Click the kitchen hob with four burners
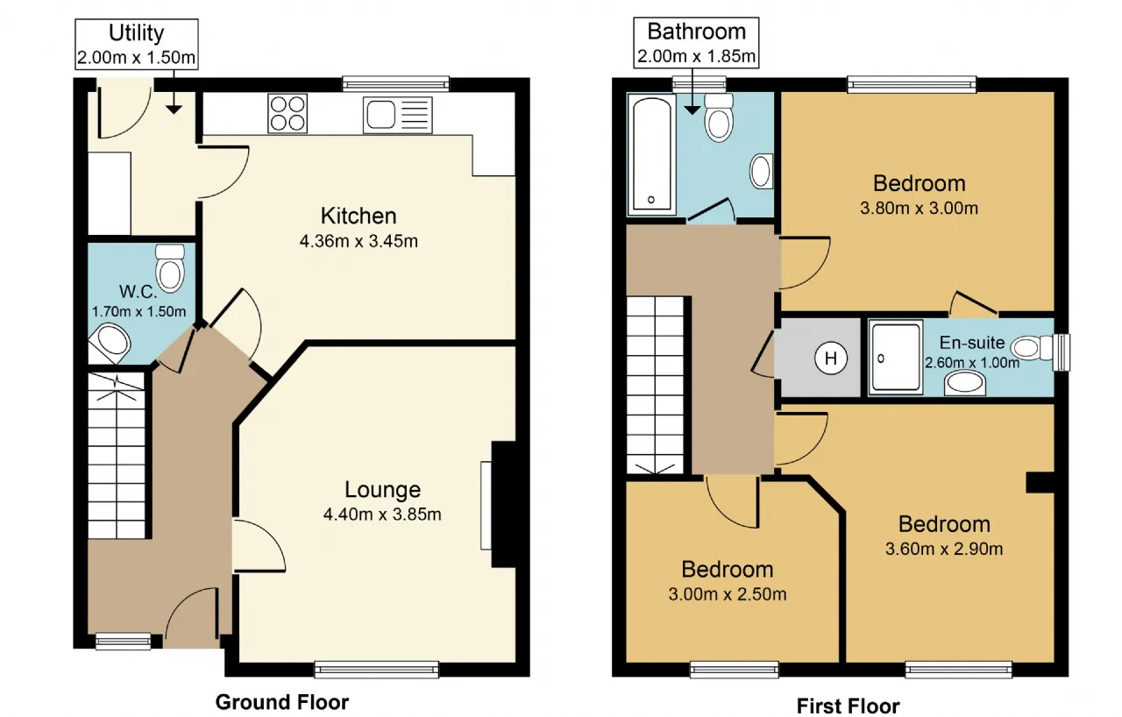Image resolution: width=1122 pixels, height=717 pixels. pyautogui.click(x=288, y=114)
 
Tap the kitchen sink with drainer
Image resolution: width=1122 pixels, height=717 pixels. pyautogui.click(x=398, y=115)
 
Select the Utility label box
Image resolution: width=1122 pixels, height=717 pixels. pyautogui.click(x=137, y=44)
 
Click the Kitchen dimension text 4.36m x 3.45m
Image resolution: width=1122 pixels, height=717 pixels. pyautogui.click(x=359, y=241)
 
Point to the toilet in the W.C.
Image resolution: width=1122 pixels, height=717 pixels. pyautogui.click(x=170, y=268)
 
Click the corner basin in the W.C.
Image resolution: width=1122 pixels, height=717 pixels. pyautogui.click(x=110, y=344)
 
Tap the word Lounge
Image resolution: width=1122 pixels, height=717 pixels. pyautogui.click(x=383, y=489)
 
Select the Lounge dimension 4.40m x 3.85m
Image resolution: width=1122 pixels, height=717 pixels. pyautogui.click(x=382, y=515)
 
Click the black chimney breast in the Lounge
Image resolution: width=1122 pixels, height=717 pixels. pyautogui.click(x=504, y=504)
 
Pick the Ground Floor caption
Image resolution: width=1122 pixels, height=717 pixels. pyautogui.click(x=282, y=702)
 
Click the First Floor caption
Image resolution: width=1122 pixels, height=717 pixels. pyautogui.click(x=848, y=706)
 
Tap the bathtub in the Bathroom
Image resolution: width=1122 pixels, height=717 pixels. pyautogui.click(x=651, y=154)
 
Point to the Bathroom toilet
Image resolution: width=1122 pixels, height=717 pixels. pyautogui.click(x=719, y=117)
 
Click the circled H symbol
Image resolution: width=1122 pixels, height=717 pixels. pyautogui.click(x=830, y=358)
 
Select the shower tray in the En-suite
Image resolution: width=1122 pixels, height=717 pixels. pyautogui.click(x=896, y=358)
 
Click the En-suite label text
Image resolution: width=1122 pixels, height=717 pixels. pyautogui.click(x=972, y=343)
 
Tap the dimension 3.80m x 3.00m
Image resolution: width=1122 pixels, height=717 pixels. pyautogui.click(x=920, y=208)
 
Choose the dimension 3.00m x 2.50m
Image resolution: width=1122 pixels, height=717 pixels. pyautogui.click(x=728, y=593)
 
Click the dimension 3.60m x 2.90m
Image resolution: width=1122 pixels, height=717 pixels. pyautogui.click(x=944, y=549)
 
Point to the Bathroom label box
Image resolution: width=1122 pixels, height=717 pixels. pyautogui.click(x=696, y=43)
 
